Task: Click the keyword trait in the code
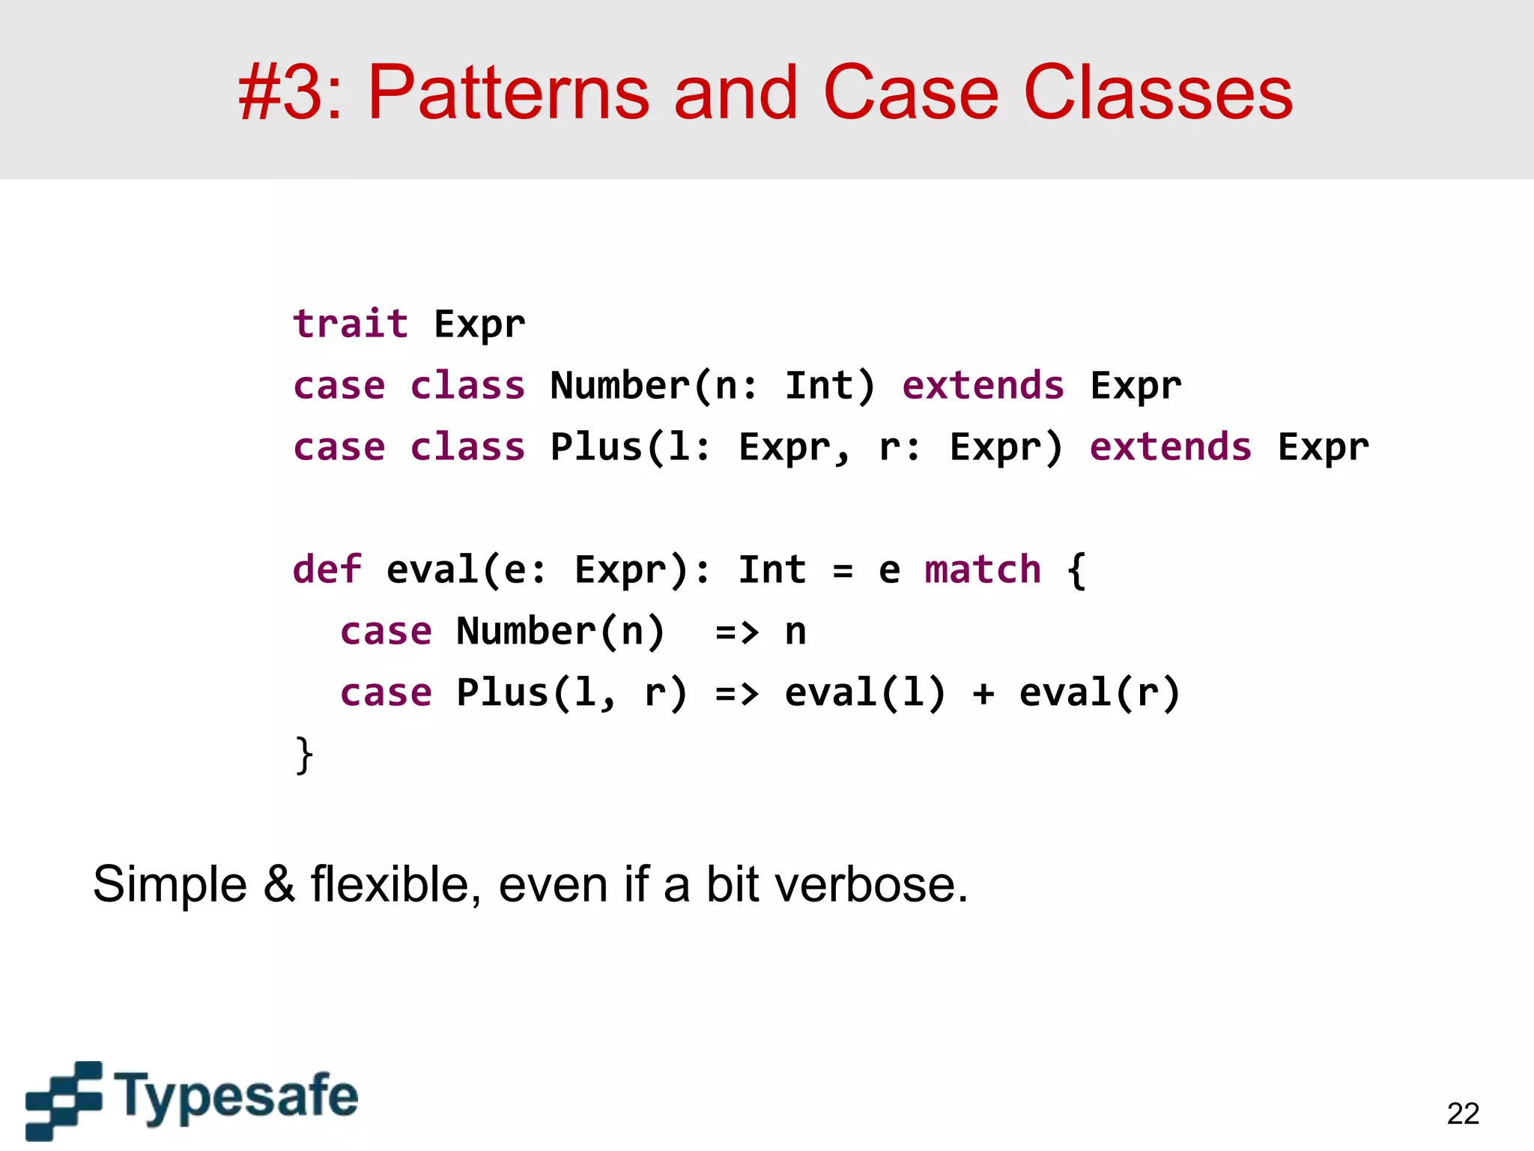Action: [351, 324]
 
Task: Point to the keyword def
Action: [327, 569]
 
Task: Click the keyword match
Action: [982, 569]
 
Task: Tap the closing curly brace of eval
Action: [303, 755]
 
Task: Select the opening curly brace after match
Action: [1076, 570]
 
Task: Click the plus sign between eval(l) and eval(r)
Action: [983, 693]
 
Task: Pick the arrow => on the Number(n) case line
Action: [737, 632]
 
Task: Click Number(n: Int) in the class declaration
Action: [712, 386]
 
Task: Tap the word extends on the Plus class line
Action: [1170, 447]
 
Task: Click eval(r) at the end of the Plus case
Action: [1100, 692]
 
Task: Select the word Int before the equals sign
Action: [772, 569]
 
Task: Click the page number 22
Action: [1463, 1114]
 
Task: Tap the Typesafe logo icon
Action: [64, 1100]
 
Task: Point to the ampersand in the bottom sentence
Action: [279, 884]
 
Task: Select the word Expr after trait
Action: [479, 325]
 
